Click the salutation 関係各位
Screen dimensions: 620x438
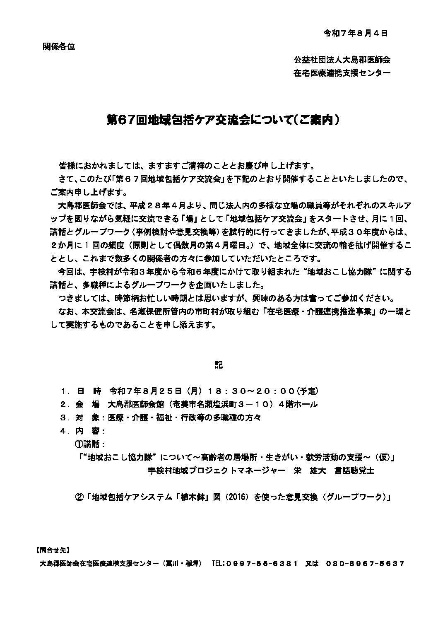tap(59, 46)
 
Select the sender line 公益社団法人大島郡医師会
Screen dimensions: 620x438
tap(342, 60)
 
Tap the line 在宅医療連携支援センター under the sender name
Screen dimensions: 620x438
tap(342, 73)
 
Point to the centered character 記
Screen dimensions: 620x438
tap(219, 365)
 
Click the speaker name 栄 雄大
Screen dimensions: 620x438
tap(310, 470)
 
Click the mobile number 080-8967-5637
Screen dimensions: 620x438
tap(365, 564)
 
